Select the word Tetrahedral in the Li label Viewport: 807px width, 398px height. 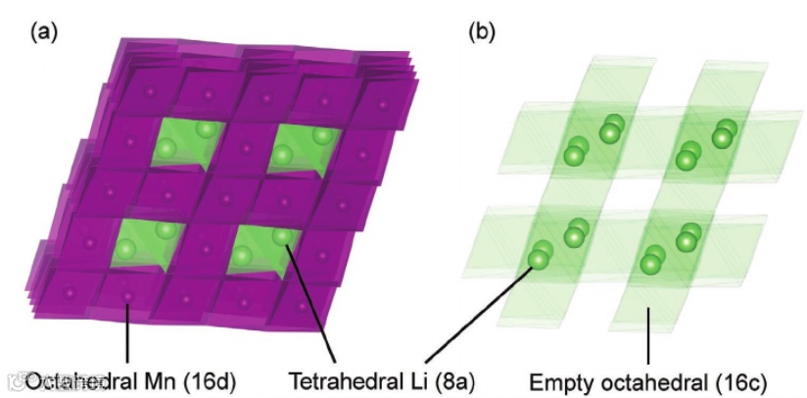point(338,378)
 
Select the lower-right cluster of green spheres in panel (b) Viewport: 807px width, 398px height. point(671,249)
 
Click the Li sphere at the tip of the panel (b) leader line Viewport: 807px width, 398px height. point(538,260)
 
